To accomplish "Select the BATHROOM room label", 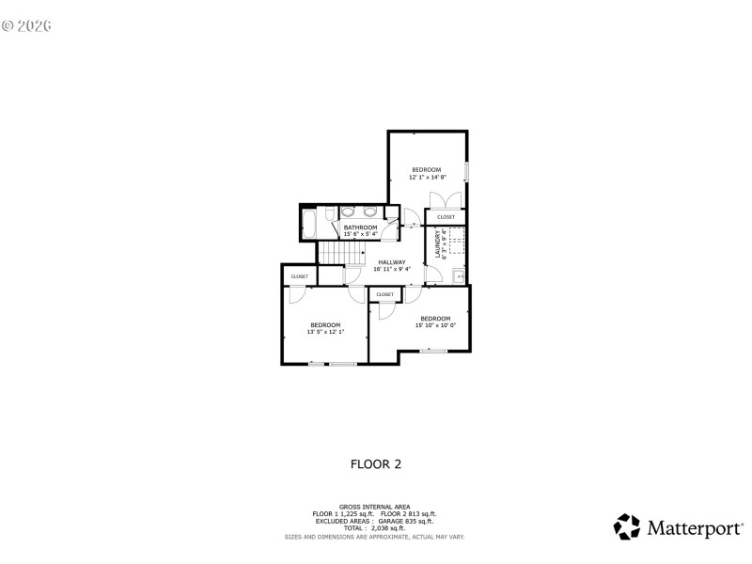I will click(360, 227).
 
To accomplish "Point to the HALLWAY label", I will click(392, 262).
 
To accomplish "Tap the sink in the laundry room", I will click(459, 275).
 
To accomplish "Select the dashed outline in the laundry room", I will click(456, 244).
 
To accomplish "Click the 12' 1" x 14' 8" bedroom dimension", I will click(427, 177).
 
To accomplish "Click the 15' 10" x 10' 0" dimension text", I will click(435, 326).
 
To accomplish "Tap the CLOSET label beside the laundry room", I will click(446, 217).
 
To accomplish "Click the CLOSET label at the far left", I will click(299, 276).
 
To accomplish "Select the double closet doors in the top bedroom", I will click(445, 199).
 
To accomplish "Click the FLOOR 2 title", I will click(376, 463).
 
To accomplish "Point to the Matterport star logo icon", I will click(626, 527).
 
